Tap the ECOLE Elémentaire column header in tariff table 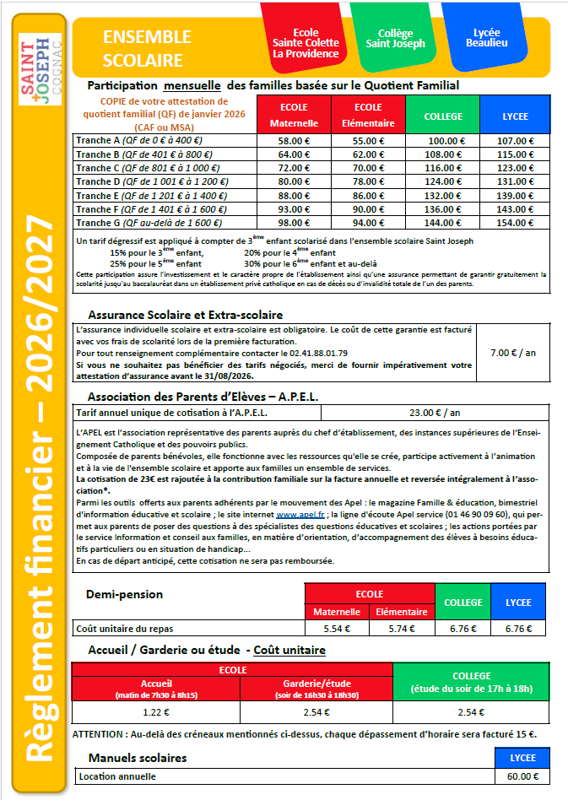(x=368, y=115)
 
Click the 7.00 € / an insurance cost (x=512, y=353)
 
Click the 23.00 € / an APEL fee (x=434, y=414)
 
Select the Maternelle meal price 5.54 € (x=337, y=629)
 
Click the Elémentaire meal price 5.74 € (x=402, y=629)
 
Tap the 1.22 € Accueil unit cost (x=156, y=712)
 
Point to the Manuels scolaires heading (x=138, y=758)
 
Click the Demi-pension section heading (x=125, y=594)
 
